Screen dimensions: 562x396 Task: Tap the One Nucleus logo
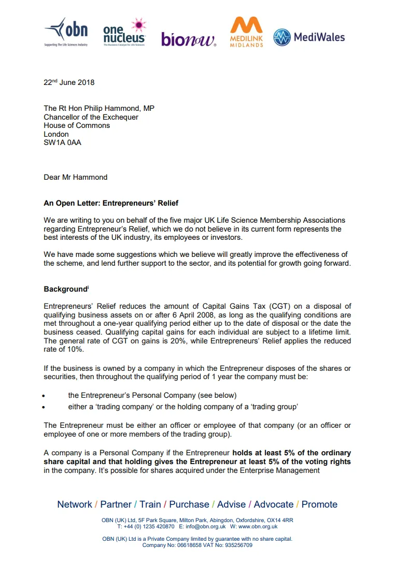(124, 33)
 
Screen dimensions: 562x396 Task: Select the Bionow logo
(189, 39)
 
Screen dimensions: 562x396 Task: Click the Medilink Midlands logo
(246, 32)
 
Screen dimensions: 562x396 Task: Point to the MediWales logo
(309, 37)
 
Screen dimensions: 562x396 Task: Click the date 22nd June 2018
(69, 82)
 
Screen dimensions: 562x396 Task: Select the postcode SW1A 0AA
(62, 142)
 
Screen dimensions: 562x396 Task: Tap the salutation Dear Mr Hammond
(76, 177)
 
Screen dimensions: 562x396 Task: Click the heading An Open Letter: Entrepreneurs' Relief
(111, 203)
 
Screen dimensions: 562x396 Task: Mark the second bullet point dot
(46, 408)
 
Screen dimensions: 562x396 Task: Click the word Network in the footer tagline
(75, 505)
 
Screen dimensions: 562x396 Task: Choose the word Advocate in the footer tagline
(273, 505)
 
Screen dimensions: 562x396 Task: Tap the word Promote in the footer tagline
(319, 505)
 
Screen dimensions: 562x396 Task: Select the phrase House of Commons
(77, 125)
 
